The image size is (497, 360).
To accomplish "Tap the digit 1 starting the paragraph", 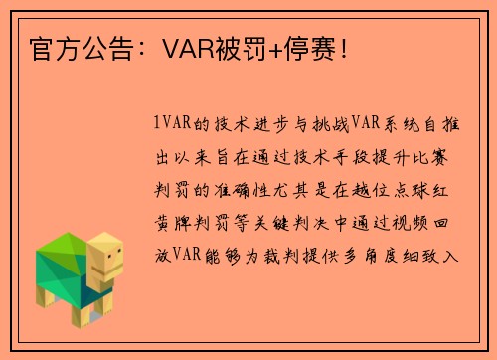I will pyautogui.click(x=158, y=125).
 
